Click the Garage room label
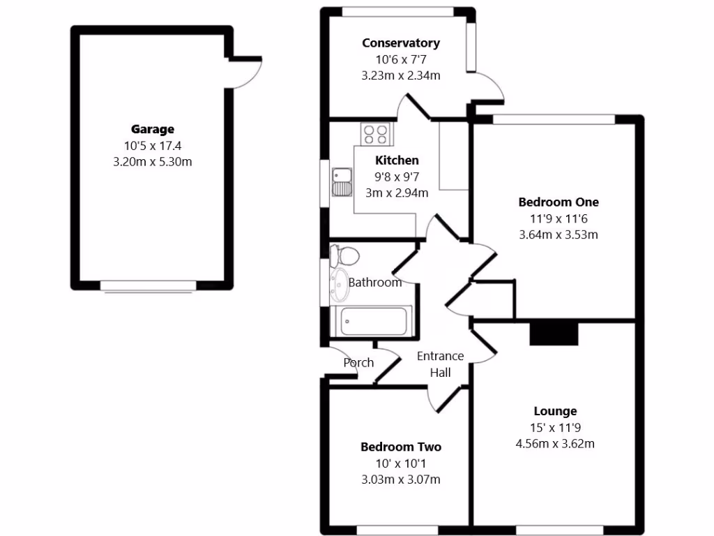153,129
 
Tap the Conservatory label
401,43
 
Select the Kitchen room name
397,161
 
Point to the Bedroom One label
559,202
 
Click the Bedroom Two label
401,447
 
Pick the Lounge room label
555,411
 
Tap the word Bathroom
375,283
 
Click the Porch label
358,363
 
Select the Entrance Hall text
440,364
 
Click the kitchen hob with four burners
376,133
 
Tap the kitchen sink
342,181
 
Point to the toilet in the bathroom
344,255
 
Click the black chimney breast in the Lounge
554,334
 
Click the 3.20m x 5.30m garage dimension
153,162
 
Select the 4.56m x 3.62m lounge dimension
555,444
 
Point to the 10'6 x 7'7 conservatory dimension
401,59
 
